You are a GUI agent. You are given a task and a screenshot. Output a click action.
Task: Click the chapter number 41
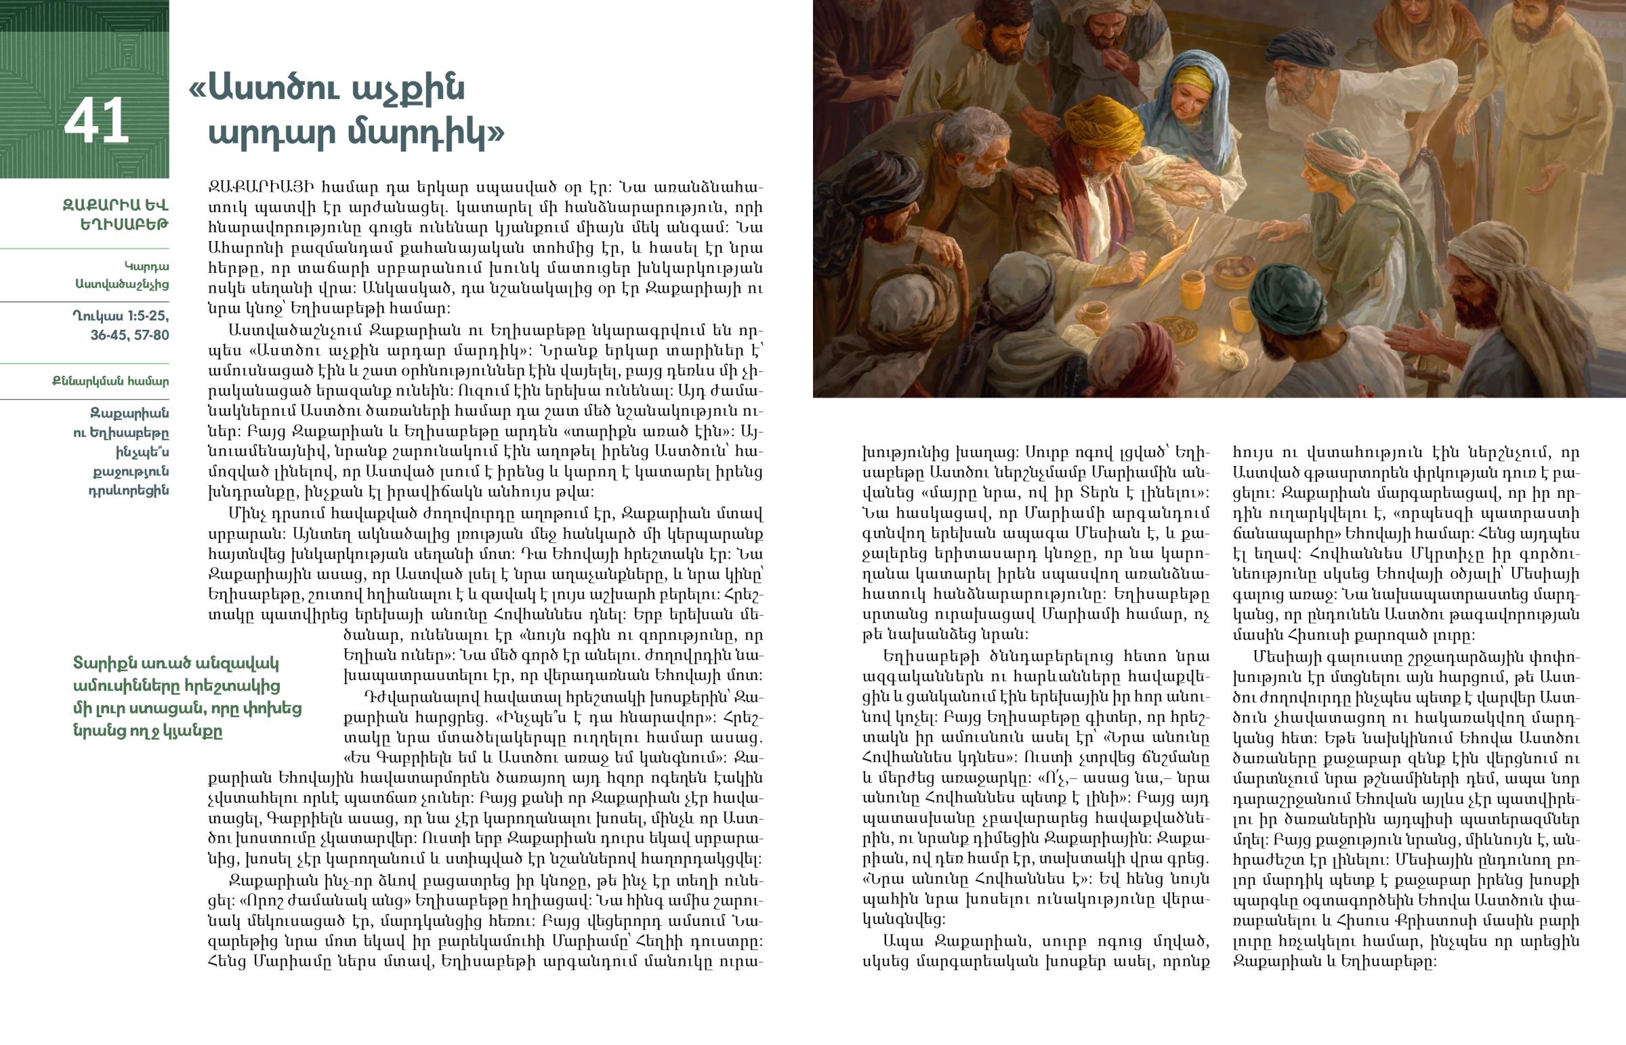pyautogui.click(x=96, y=121)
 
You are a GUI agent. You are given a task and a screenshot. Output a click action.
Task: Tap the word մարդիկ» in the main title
pyautogui.click(x=426, y=133)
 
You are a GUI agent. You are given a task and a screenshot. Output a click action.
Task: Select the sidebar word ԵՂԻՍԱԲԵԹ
pyautogui.click(x=124, y=224)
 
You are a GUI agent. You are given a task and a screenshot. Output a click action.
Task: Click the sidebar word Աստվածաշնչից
pyautogui.click(x=122, y=284)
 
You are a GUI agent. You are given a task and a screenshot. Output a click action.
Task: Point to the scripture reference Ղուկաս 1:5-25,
pyautogui.click(x=121, y=316)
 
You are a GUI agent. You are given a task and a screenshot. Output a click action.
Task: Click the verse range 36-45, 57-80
pyautogui.click(x=129, y=335)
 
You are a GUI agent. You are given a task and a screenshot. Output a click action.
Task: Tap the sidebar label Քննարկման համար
pyautogui.click(x=110, y=381)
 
